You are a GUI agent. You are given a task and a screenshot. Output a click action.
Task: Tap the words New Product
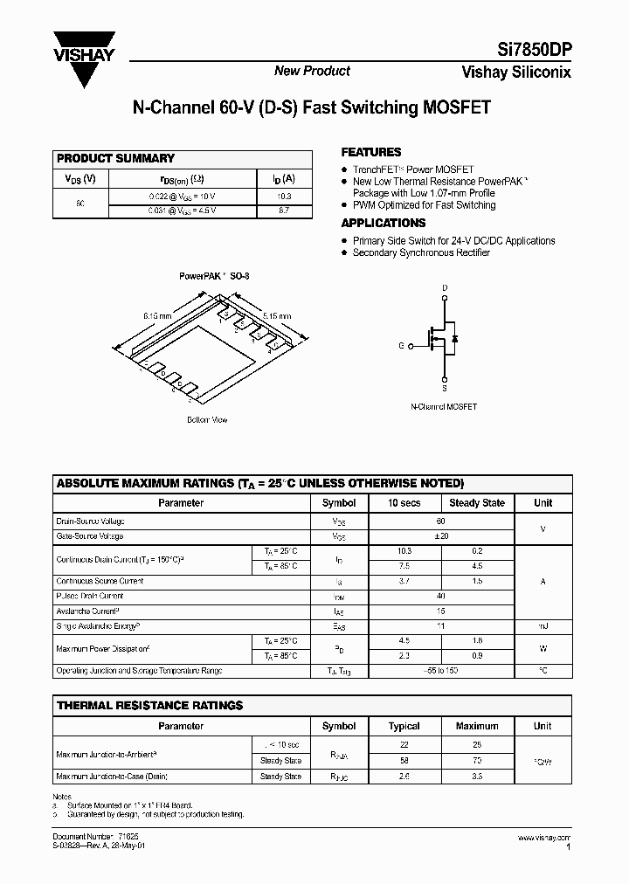(312, 71)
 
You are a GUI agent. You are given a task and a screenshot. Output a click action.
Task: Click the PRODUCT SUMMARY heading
(115, 158)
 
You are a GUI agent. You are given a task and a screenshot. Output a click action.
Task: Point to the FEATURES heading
(370, 152)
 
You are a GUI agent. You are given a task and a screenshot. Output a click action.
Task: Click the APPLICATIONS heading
(383, 223)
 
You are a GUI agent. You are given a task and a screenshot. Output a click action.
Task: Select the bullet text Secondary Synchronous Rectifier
(421, 252)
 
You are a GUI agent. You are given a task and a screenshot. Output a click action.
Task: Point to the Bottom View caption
(207, 420)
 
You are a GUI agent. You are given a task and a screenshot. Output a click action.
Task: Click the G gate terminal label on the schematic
(401, 346)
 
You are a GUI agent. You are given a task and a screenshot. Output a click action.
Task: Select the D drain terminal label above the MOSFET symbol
(444, 287)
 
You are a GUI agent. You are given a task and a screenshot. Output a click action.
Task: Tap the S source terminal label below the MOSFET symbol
(444, 389)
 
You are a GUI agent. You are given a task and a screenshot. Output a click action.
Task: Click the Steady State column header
(476, 503)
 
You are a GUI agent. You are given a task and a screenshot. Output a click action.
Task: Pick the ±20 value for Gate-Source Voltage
(441, 536)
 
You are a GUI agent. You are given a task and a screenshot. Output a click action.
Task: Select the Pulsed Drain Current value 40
(441, 596)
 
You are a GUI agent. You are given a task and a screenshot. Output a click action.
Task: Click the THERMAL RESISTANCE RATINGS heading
(149, 705)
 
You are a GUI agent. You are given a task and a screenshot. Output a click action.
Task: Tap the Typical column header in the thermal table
(404, 726)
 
